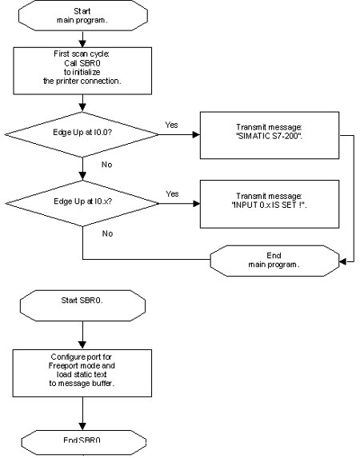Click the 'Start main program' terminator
pos(82,15)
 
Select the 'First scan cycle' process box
pos(82,70)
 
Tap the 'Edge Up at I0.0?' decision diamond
pos(82,134)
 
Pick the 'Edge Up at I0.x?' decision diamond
pos(82,203)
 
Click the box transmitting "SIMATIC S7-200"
pos(270,135)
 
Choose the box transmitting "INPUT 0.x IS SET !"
pos(270,204)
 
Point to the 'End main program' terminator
pos(275,261)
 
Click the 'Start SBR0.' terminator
pos(82,306)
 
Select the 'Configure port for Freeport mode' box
pos(82,373)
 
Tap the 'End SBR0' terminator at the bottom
pos(83,442)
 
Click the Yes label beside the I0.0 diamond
pos(171,125)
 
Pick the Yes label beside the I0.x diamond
pos(172,193)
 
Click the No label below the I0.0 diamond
pos(106,165)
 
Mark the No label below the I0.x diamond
pos(107,233)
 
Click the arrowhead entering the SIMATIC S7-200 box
pos(197,134)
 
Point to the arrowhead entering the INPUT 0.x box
pos(197,204)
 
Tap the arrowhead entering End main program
pos(342,261)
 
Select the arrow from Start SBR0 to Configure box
pos(82,335)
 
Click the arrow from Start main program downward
pos(82,39)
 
